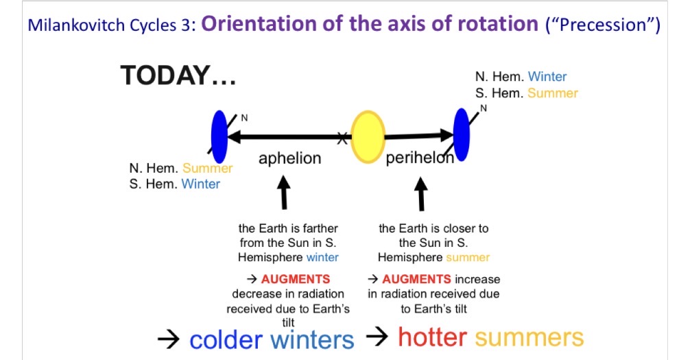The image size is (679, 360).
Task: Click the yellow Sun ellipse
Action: tap(368, 137)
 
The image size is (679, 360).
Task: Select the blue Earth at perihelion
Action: tap(462, 134)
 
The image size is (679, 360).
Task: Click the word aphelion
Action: tap(289, 158)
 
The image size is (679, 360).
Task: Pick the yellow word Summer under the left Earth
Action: tap(207, 168)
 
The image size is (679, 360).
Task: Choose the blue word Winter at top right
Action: tap(547, 77)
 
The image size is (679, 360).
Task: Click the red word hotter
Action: tap(432, 337)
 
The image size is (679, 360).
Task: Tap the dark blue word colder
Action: tap(226, 339)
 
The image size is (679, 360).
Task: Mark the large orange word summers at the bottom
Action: tap(529, 337)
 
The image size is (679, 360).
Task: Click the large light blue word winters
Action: tap(313, 339)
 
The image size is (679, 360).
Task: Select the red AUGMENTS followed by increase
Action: tap(416, 279)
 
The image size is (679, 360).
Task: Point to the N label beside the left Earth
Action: tap(243, 118)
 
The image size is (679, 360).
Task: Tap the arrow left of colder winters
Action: tap(167, 339)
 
